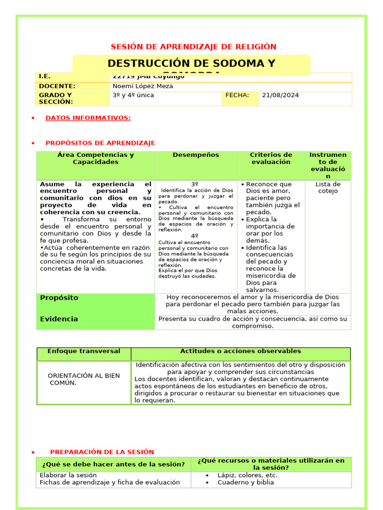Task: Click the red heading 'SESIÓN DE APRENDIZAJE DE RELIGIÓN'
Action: tap(193, 47)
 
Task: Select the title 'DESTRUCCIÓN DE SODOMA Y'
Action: tap(191, 63)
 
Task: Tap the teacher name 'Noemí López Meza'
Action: tap(143, 86)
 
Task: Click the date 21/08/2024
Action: tap(280, 95)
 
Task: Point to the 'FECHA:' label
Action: tap(237, 95)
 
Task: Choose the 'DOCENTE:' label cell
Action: tap(57, 86)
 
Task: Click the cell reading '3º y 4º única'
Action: tap(133, 95)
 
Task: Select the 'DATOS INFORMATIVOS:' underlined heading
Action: tap(88, 118)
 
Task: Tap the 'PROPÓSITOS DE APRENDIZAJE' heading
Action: tap(100, 143)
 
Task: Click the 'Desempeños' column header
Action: tap(195, 155)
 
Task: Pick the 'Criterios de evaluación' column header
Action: tap(271, 158)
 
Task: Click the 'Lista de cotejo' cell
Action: tap(328, 188)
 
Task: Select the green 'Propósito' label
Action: tap(59, 298)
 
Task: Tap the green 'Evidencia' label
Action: tap(59, 319)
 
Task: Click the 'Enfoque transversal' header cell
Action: tap(84, 352)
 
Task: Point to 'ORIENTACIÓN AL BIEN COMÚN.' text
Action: tap(83, 379)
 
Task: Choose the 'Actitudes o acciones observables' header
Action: tap(240, 352)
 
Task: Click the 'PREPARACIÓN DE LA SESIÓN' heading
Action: tap(102, 452)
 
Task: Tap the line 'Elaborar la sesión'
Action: tap(68, 475)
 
